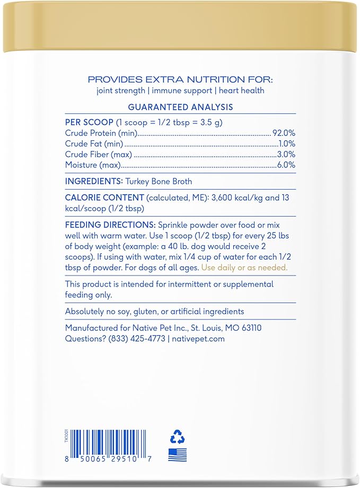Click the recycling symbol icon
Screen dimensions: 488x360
[177, 437]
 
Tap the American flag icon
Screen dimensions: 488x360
[177, 455]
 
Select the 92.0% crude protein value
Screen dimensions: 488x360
[284, 133]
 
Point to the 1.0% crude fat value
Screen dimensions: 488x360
[287, 144]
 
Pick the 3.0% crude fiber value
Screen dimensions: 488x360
[286, 154]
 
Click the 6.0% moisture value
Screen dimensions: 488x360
[286, 165]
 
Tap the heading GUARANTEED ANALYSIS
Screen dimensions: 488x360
[180, 107]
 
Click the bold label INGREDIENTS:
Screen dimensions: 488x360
[94, 181]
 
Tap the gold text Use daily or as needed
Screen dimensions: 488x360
[244, 268]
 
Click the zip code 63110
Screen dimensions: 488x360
[250, 328]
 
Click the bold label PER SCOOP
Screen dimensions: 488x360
[89, 122]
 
